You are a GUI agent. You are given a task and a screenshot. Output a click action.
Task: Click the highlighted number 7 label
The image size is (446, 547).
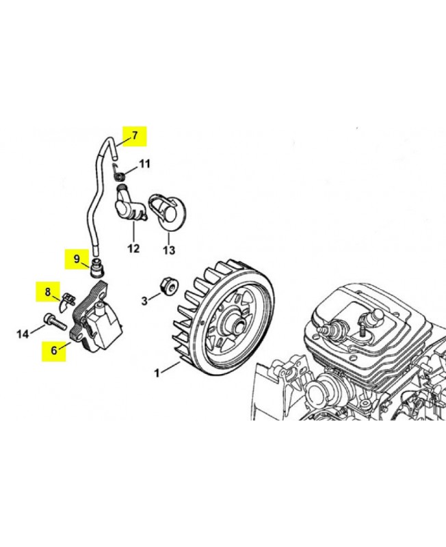[x=135, y=135]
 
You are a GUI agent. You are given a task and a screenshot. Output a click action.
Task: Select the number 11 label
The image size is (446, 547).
[x=144, y=163]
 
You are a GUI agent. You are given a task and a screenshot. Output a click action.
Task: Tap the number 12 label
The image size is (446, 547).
[x=133, y=248]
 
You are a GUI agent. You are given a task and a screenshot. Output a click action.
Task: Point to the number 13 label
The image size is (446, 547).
[x=168, y=250]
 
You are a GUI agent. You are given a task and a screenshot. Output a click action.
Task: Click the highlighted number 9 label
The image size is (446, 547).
[x=77, y=259]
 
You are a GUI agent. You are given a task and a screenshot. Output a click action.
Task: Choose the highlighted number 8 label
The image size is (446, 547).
[x=48, y=291]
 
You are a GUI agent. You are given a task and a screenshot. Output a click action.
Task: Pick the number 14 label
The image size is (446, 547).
[x=23, y=334]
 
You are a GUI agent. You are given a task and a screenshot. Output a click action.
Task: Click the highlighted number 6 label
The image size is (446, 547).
[x=54, y=350]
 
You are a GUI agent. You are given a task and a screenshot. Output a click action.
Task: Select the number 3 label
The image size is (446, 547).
[x=144, y=301]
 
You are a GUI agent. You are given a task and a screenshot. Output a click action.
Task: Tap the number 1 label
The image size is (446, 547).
[x=157, y=373]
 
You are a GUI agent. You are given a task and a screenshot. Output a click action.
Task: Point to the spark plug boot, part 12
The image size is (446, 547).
[x=129, y=206]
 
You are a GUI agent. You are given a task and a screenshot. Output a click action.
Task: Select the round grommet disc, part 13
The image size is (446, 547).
[x=168, y=209]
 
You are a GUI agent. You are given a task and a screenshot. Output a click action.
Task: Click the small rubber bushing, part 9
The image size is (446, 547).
[x=96, y=269]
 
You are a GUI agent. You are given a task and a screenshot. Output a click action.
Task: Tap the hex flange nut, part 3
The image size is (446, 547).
[x=168, y=285]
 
